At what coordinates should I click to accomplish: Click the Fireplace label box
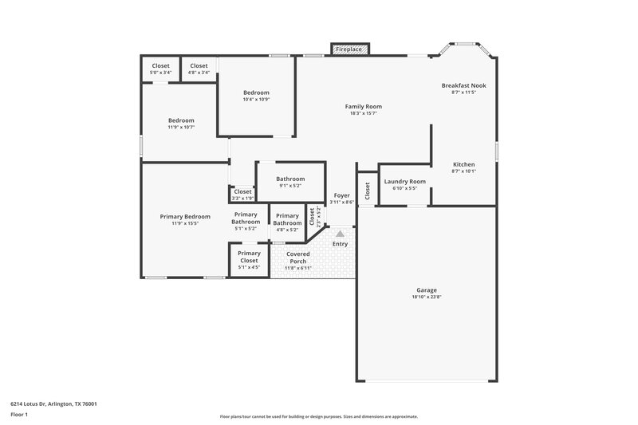349,49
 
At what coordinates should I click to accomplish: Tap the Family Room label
363,107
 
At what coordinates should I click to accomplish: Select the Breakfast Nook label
463,85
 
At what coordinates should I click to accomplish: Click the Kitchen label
463,164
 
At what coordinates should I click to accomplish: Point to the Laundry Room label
404,182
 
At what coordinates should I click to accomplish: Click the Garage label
427,290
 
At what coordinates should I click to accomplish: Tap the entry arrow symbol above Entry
340,234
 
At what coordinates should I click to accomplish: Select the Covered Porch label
297,258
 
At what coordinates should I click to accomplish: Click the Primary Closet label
249,258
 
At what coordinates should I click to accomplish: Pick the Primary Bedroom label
185,217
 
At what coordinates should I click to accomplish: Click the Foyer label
341,195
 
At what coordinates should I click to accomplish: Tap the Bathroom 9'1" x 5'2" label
290,179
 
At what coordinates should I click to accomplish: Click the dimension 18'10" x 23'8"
427,297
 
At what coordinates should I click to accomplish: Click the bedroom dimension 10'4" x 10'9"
256,100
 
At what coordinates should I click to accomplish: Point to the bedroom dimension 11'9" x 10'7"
181,128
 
